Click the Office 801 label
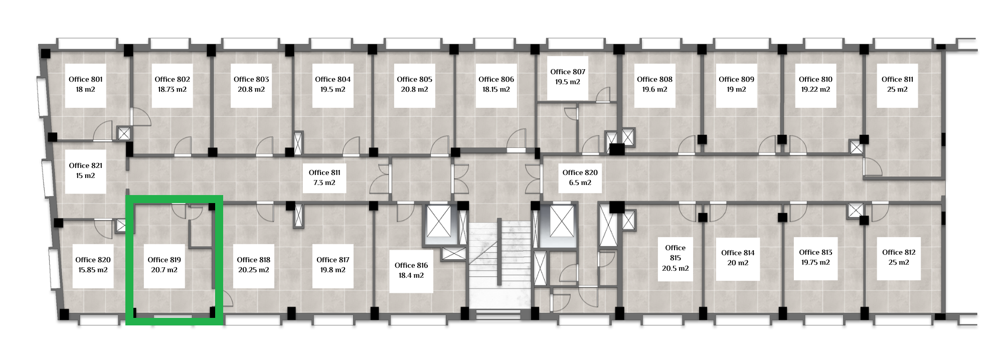point(86,79)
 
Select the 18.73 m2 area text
point(172,89)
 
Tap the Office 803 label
point(251,79)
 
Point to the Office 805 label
point(414,79)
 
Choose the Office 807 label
point(568,72)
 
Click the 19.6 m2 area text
point(654,89)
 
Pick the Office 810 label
point(815,79)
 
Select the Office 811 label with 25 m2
point(897,79)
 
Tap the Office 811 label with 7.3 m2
point(324,172)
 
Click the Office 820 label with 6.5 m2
point(580,172)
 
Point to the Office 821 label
point(85,165)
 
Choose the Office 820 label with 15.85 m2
point(93,260)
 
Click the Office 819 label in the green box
point(164,260)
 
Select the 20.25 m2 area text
point(253,270)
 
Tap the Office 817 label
point(332,260)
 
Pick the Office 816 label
point(411,265)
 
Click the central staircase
point(499,266)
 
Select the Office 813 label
point(815,252)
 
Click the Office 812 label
point(899,252)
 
